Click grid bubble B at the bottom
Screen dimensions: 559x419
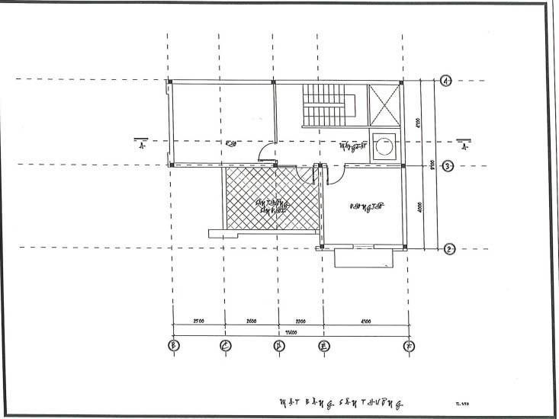coord(172,345)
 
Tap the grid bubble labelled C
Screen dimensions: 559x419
coord(225,345)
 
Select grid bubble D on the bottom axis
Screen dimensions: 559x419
coord(278,345)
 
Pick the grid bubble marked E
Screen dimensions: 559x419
coord(323,345)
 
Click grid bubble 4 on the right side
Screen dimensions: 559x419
coord(448,82)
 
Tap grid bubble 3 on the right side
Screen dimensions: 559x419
coord(448,165)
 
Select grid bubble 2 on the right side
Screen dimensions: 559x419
coord(448,248)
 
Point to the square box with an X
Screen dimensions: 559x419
coord(384,104)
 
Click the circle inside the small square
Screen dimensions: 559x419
coord(384,146)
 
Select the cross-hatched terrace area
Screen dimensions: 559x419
coord(271,200)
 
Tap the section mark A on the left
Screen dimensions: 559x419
coord(142,145)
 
